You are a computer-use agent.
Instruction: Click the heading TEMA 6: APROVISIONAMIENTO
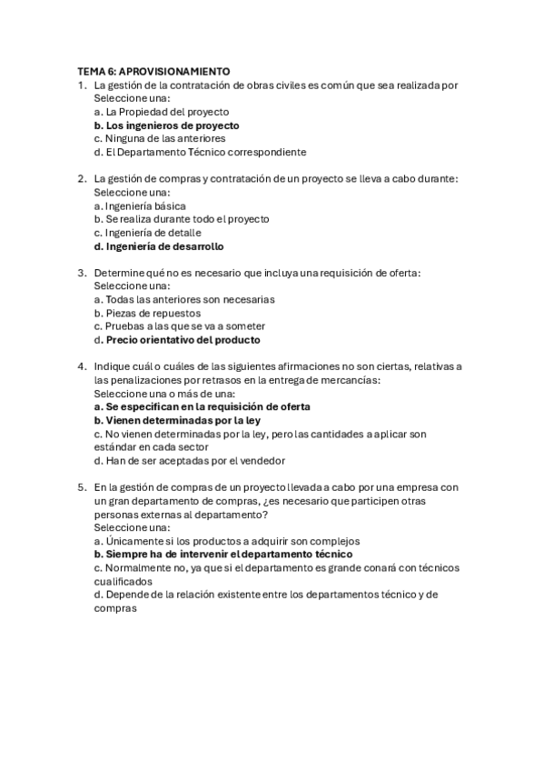tap(153, 72)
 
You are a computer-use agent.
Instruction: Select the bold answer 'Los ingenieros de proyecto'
tap(166, 125)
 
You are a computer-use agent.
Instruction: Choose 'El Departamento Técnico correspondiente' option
tap(200, 152)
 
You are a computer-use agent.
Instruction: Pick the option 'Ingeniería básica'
tap(140, 206)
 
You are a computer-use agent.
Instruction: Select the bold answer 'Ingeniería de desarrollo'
tap(158, 246)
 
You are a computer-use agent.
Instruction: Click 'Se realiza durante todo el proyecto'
tap(181, 219)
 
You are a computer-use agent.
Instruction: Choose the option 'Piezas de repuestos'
tap(147, 313)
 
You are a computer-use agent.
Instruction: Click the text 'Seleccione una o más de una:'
tap(163, 394)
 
